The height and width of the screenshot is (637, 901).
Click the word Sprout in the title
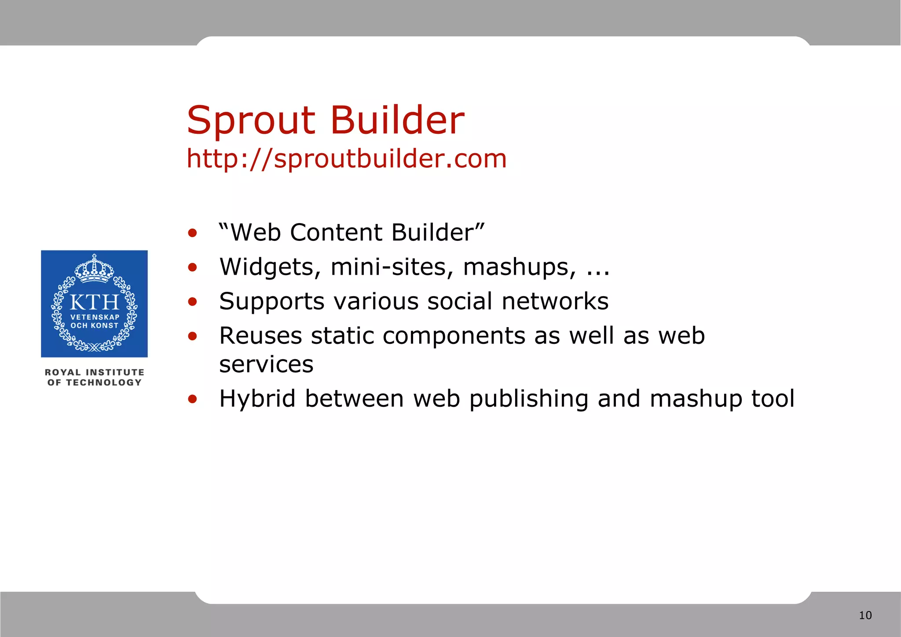click(x=251, y=121)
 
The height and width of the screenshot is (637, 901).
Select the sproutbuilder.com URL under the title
click(x=347, y=159)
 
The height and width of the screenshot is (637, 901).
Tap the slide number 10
click(x=865, y=615)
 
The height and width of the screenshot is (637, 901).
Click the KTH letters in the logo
click(x=94, y=303)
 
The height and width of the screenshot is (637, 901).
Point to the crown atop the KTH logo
click(x=94, y=268)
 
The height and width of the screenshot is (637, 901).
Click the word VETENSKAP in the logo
click(x=95, y=317)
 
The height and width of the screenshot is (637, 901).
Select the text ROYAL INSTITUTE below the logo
click(x=94, y=372)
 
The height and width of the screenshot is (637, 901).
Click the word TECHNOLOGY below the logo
click(x=104, y=383)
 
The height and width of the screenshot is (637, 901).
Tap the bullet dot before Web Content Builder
click(x=192, y=233)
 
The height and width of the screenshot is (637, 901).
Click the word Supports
click(x=271, y=302)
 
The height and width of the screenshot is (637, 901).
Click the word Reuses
click(x=260, y=336)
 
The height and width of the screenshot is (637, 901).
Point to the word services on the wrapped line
click(x=266, y=365)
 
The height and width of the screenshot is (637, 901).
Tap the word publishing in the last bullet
click(x=528, y=399)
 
